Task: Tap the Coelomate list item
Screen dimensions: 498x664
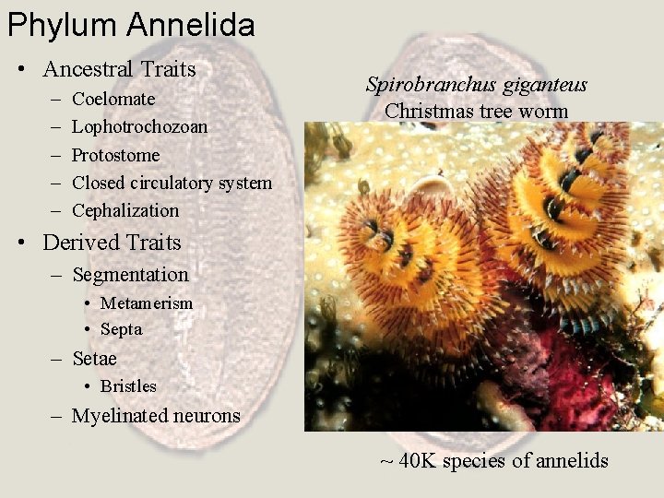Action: (x=113, y=99)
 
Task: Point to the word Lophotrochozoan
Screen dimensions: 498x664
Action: (x=139, y=126)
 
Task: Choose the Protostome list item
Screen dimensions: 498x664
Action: (x=115, y=155)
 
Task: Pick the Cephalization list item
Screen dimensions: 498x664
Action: (x=125, y=210)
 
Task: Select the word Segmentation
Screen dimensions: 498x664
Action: (x=130, y=275)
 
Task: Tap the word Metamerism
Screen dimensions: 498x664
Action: (x=147, y=303)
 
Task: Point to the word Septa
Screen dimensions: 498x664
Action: (x=121, y=329)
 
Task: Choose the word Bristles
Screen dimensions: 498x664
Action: (x=128, y=386)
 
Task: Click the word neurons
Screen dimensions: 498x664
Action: (x=206, y=416)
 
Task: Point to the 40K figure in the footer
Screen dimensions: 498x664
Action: (x=417, y=461)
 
